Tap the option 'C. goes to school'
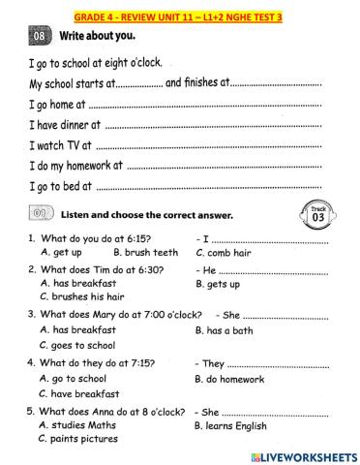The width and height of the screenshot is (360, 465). (x=77, y=345)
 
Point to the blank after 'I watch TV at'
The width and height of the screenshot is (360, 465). (x=207, y=146)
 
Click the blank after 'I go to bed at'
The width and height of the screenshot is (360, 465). (x=209, y=187)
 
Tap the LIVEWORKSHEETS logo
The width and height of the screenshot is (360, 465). (x=296, y=455)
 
